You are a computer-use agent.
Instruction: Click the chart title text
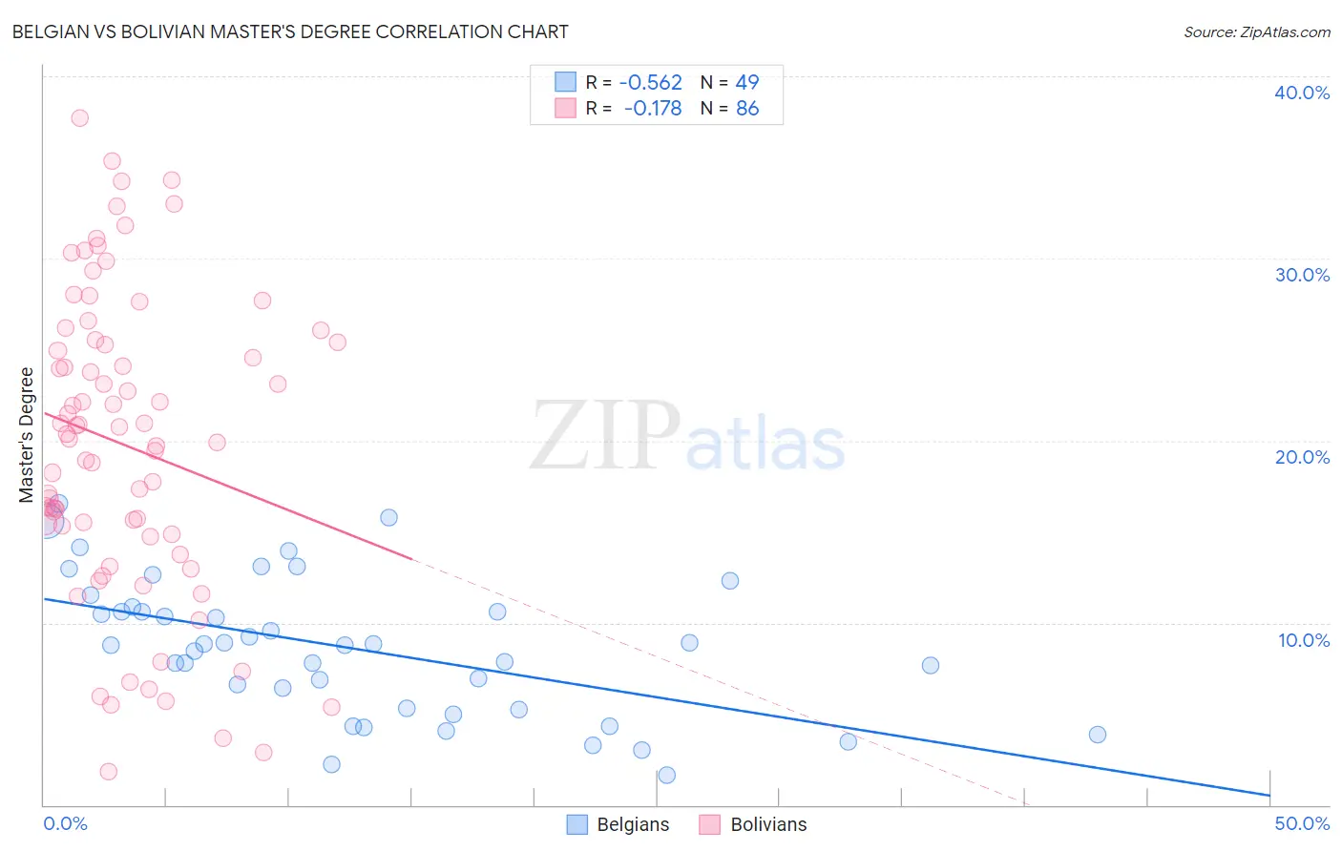click(x=290, y=31)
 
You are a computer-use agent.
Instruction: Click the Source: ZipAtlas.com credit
click(x=1256, y=31)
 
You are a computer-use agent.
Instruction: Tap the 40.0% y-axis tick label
click(x=1301, y=93)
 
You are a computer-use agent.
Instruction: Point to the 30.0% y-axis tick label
click(x=1301, y=275)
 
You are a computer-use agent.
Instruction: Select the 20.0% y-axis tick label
click(x=1301, y=457)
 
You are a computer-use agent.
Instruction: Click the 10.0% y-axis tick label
click(x=1303, y=640)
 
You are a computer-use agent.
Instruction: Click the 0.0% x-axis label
click(x=66, y=823)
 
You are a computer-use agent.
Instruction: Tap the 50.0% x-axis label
click(x=1301, y=823)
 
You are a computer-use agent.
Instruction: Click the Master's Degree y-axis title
click(x=27, y=435)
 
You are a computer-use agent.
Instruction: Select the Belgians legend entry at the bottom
click(x=619, y=824)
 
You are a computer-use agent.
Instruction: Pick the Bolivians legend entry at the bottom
click(x=754, y=824)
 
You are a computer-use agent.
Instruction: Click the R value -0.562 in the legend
click(x=650, y=82)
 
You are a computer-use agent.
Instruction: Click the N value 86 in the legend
click(x=747, y=109)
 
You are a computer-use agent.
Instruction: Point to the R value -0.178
click(x=653, y=109)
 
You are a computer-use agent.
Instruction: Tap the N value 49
click(x=747, y=82)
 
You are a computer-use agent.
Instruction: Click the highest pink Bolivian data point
click(x=80, y=118)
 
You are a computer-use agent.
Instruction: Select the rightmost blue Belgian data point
click(x=1098, y=735)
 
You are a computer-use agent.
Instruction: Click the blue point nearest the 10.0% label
click(x=931, y=665)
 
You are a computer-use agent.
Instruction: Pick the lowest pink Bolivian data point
click(x=109, y=771)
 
